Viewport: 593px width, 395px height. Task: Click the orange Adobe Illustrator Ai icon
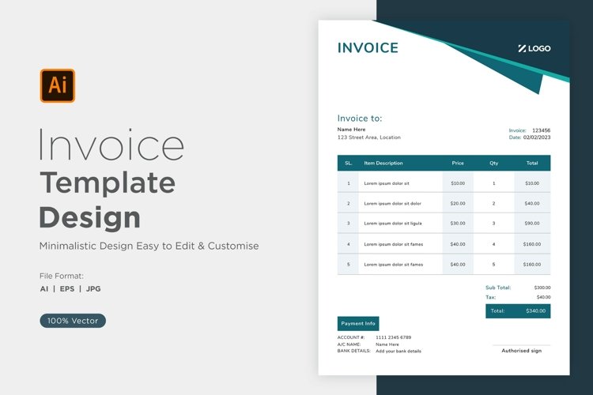tap(58, 85)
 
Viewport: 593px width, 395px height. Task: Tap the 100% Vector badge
tap(73, 321)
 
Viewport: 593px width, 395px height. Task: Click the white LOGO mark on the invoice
tap(534, 48)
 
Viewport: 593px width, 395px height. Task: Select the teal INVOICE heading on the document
tap(368, 48)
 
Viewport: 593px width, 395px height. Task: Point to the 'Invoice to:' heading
tap(360, 118)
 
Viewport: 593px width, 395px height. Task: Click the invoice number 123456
tap(541, 130)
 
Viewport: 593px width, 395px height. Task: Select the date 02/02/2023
tap(537, 137)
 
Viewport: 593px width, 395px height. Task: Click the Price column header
tap(458, 164)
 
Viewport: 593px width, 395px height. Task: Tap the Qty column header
tap(494, 164)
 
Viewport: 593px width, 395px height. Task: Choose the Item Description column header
tap(383, 164)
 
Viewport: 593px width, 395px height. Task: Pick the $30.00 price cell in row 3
tap(458, 224)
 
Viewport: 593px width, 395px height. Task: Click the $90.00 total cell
tap(532, 224)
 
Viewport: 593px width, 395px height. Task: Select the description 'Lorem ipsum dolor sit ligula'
tap(393, 224)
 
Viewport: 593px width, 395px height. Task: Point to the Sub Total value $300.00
tap(542, 288)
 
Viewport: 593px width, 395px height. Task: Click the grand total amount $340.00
tap(535, 311)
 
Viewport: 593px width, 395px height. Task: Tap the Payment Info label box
tap(358, 324)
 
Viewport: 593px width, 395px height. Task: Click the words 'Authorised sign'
tap(522, 351)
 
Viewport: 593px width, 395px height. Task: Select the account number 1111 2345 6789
tap(393, 337)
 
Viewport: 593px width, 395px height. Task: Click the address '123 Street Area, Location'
tap(369, 137)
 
